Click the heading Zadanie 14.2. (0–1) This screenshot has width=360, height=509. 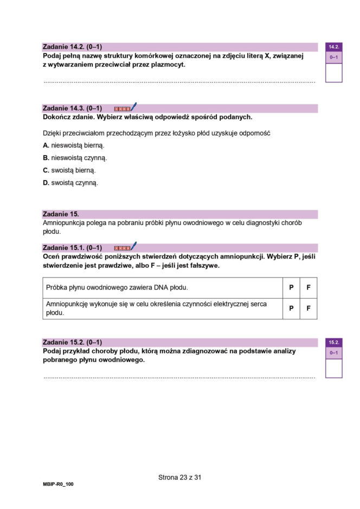point(72,47)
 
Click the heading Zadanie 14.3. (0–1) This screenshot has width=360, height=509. point(72,108)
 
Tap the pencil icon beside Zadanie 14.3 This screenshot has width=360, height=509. point(133,107)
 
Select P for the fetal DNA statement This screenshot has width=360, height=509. point(291,288)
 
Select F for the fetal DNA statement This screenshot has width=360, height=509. point(308,288)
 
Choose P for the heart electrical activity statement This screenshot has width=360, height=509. point(291,308)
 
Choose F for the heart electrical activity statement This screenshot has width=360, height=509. point(308,308)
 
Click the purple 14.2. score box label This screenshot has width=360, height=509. point(333,47)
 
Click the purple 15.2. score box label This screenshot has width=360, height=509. point(333,343)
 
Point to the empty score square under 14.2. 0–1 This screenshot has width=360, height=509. point(333,73)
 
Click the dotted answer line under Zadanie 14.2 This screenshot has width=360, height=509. point(179,82)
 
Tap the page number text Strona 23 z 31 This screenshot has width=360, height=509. point(180,478)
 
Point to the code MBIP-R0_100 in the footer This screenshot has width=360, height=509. point(58,484)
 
